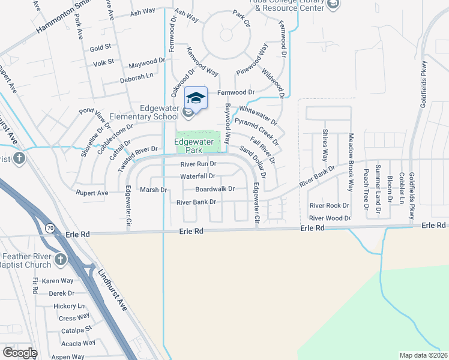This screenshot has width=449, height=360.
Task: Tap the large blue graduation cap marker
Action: [x=196, y=97]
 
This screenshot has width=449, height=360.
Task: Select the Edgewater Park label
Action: [x=194, y=146]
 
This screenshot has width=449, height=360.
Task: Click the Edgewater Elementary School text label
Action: [x=151, y=112]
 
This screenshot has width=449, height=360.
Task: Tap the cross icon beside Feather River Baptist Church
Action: [x=60, y=259]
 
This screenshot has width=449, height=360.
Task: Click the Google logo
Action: [x=20, y=353]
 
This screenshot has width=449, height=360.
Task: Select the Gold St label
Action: [x=100, y=47]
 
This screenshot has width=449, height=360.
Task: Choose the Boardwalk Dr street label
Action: [x=214, y=189]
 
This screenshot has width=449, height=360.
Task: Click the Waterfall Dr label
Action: [x=197, y=176]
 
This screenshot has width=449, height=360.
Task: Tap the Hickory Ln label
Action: [x=69, y=306]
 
